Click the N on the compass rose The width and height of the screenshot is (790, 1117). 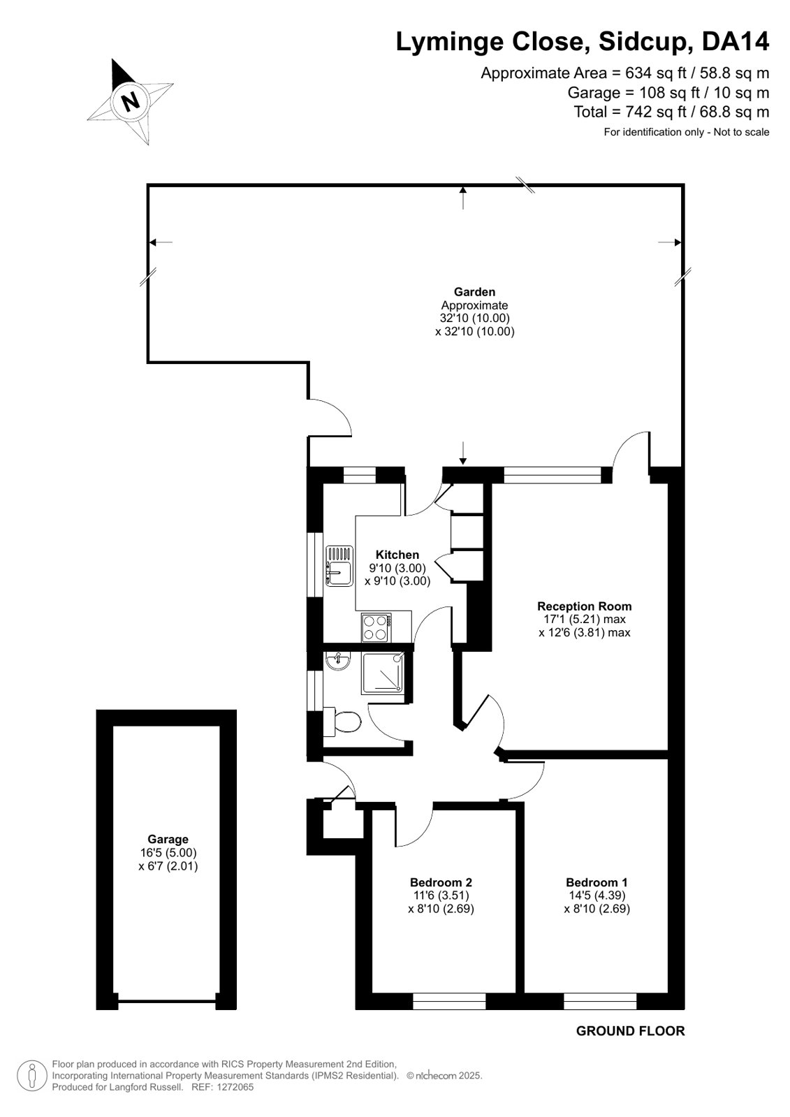(131, 102)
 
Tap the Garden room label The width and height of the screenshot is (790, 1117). (474, 292)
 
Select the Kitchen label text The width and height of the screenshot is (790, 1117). (397, 555)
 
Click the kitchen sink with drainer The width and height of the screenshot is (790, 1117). (339, 565)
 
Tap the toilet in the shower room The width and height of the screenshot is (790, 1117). (342, 721)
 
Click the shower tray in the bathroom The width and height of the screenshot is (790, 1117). (383, 673)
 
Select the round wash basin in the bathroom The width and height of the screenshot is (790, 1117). (337, 662)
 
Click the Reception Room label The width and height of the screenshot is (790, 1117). (584, 606)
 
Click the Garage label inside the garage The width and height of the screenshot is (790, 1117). (168, 839)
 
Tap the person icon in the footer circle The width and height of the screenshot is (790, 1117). (32, 1076)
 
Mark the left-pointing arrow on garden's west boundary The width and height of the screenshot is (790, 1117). (161, 242)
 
